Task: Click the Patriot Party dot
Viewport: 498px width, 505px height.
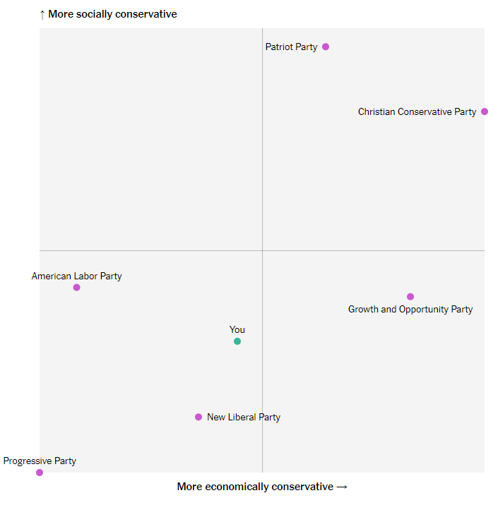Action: [326, 47]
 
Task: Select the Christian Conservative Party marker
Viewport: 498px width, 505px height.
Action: [485, 111]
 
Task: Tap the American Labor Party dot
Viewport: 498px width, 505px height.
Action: [77, 287]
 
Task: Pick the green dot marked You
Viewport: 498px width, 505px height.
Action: [237, 341]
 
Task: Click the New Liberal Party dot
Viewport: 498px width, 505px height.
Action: [198, 417]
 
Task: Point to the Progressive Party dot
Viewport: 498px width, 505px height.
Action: [40, 473]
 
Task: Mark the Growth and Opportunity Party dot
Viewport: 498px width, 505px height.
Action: [410, 296]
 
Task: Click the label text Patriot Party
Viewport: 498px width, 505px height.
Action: [291, 47]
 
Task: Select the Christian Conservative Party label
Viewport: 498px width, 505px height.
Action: [417, 111]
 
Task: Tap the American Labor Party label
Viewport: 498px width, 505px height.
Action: [76, 276]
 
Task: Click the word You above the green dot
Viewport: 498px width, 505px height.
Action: [237, 329]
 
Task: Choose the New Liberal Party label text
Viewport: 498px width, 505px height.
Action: [244, 417]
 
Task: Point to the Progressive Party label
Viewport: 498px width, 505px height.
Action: [40, 461]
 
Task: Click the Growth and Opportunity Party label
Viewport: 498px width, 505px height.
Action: [410, 309]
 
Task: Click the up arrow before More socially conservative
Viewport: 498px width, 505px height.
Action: [42, 14]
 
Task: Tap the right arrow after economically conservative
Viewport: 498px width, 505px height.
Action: [342, 487]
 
